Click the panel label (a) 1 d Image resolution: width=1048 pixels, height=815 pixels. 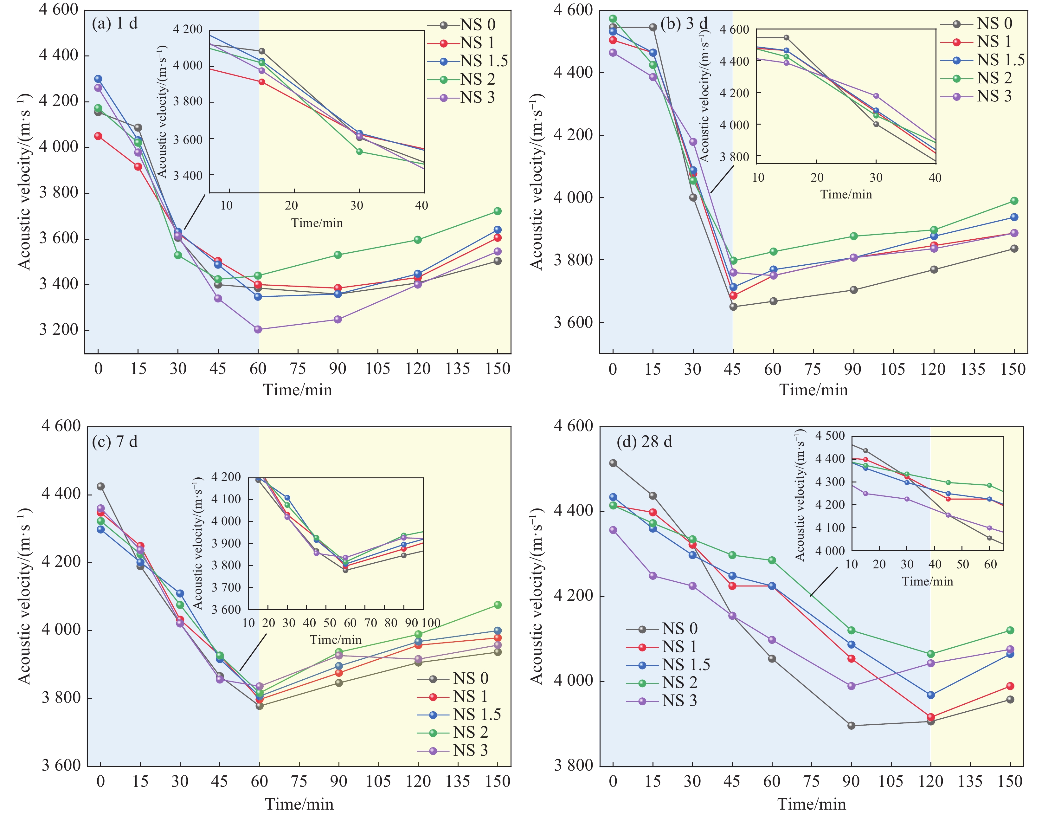115,23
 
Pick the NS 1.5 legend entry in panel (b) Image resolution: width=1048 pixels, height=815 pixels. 1000,60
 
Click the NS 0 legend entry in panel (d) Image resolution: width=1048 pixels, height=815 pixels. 679,628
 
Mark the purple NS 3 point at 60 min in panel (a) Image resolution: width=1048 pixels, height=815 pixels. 258,329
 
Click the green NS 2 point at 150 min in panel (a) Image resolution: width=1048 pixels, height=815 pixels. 498,211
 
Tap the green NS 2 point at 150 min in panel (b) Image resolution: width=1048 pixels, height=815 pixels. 1014,201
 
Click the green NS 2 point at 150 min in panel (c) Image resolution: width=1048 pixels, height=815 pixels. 498,605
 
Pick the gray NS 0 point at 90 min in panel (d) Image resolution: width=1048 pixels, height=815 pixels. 851,726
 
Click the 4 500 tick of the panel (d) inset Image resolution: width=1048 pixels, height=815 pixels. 830,435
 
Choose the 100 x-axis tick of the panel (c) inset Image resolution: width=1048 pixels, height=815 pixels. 431,623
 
